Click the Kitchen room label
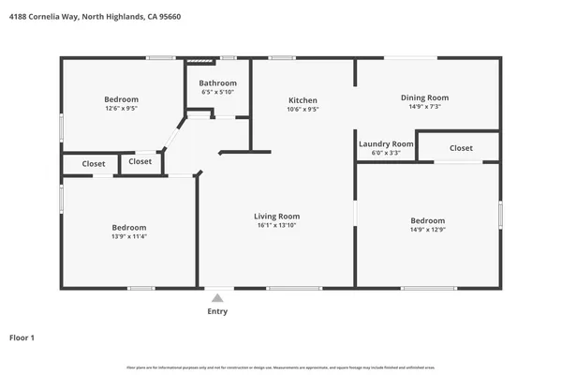pyautogui.click(x=303, y=100)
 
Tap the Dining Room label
pyautogui.click(x=424, y=97)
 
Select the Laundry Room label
pyautogui.click(x=386, y=143)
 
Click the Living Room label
pyautogui.click(x=278, y=217)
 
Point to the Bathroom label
pyautogui.click(x=217, y=83)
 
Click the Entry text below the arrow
pyautogui.click(x=217, y=311)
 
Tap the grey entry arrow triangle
pyautogui.click(x=217, y=297)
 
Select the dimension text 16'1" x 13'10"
pyautogui.click(x=278, y=226)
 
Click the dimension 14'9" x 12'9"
pyautogui.click(x=427, y=230)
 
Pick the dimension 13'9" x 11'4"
pyautogui.click(x=129, y=236)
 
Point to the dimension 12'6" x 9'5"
pyautogui.click(x=122, y=109)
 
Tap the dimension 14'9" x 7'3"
pyautogui.click(x=424, y=107)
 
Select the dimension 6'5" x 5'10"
pyautogui.click(x=217, y=92)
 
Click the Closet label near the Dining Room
pyautogui.click(x=461, y=148)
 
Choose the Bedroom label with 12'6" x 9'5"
pyautogui.click(x=122, y=99)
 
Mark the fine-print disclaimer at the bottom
pyautogui.click(x=281, y=367)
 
